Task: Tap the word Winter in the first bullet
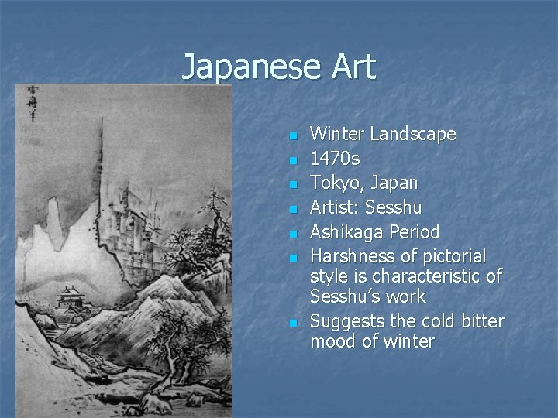[338, 134]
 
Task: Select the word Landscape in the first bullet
[413, 134]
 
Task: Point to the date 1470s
[335, 159]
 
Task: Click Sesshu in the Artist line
[394, 207]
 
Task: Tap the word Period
[414, 232]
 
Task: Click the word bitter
[480, 321]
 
